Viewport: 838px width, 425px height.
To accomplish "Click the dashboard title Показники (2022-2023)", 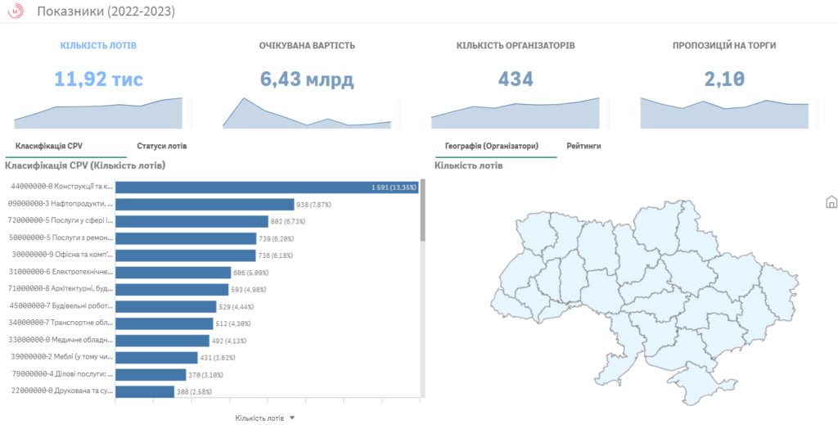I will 106,11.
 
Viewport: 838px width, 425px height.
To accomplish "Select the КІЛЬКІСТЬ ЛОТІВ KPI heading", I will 98,45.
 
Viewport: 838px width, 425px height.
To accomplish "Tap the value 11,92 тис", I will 98,79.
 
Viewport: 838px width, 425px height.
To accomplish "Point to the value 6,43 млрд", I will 307,79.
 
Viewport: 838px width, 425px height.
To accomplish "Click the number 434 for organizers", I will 516,79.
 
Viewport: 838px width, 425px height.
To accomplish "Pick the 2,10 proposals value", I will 724,79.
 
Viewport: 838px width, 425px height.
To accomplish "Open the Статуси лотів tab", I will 161,147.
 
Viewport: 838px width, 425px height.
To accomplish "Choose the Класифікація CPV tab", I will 49,147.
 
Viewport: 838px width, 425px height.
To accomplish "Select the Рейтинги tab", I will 583,147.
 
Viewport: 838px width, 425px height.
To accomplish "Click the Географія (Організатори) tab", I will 491,147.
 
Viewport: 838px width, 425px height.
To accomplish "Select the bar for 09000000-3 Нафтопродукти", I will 205,205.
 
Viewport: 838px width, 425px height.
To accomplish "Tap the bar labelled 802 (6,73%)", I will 191,221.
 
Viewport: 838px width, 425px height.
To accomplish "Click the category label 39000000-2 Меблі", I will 60,357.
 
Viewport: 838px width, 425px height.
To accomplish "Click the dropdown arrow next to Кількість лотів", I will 292,418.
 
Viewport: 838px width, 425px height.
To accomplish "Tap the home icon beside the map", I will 831,201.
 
